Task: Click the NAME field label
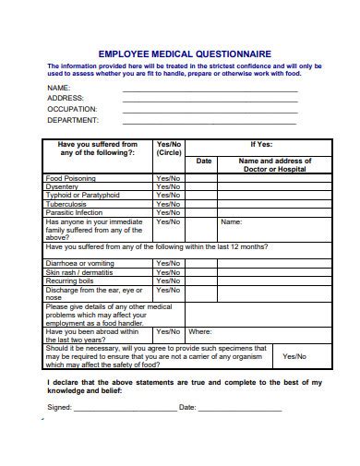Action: click(59, 87)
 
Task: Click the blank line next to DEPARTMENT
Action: click(210, 122)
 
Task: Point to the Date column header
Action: click(203, 161)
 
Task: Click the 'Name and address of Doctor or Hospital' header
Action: click(275, 165)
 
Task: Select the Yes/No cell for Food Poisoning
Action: click(169, 178)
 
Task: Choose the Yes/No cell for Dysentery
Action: click(169, 187)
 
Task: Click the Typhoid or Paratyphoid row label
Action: click(83, 196)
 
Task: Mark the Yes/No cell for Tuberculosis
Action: click(169, 204)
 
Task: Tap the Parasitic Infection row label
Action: click(75, 213)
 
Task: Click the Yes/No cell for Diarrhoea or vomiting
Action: click(169, 263)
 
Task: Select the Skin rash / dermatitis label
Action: click(79, 272)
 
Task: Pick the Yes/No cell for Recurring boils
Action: click(169, 281)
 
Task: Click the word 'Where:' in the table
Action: click(200, 331)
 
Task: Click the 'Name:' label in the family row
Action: click(231, 222)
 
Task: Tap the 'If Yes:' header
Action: click(261, 145)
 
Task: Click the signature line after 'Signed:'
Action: click(125, 407)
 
